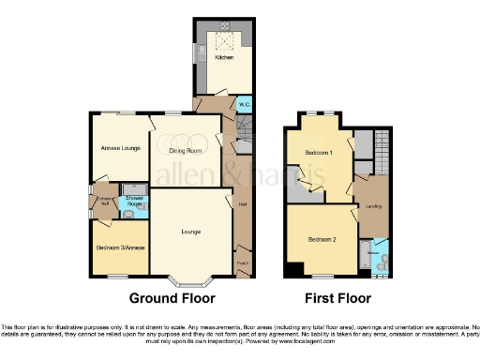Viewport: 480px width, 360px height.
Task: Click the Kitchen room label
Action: point(224,57)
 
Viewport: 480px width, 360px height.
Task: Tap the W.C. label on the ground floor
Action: point(243,104)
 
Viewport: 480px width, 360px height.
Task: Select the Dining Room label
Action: point(186,150)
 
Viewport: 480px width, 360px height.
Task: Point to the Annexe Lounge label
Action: point(118,148)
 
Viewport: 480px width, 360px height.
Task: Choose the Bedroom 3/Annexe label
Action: point(119,247)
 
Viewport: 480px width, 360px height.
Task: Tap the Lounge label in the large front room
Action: point(190,231)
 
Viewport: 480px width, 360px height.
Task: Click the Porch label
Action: point(242,264)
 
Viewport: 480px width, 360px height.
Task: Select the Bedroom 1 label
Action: point(319,152)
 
